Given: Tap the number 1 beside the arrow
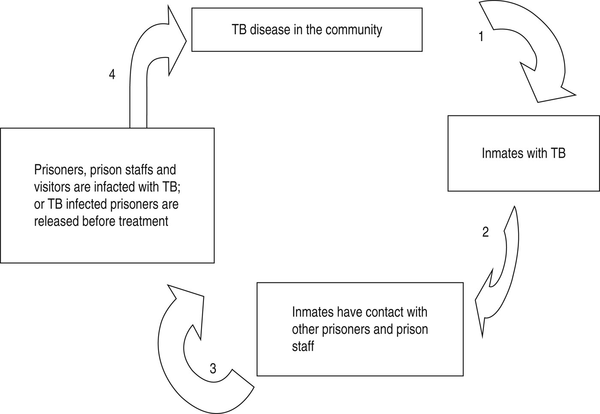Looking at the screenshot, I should (481, 37).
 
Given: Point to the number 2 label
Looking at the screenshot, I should (485, 232).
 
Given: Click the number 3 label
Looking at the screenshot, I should (213, 368).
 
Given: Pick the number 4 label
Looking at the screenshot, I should (112, 75).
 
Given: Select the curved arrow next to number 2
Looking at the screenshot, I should (501, 274).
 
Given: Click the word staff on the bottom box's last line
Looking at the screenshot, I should (303, 346).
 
